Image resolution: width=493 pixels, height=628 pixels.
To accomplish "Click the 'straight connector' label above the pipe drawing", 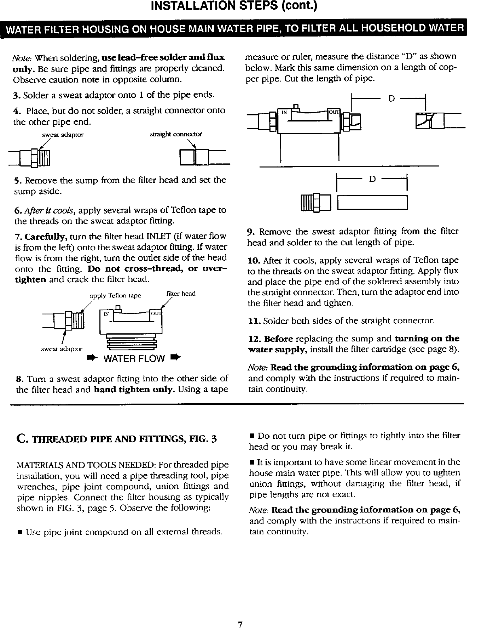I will coord(175,134).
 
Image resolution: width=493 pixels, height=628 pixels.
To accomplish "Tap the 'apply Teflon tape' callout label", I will coord(115,295).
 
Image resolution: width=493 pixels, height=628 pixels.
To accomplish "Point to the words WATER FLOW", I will coord(134,358).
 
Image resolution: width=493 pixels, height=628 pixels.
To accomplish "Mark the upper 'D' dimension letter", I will coord(390,98).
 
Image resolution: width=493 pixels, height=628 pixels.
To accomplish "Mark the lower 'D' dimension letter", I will coord(373,178).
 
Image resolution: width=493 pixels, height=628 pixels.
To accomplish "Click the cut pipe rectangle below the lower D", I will coord(372,202).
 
